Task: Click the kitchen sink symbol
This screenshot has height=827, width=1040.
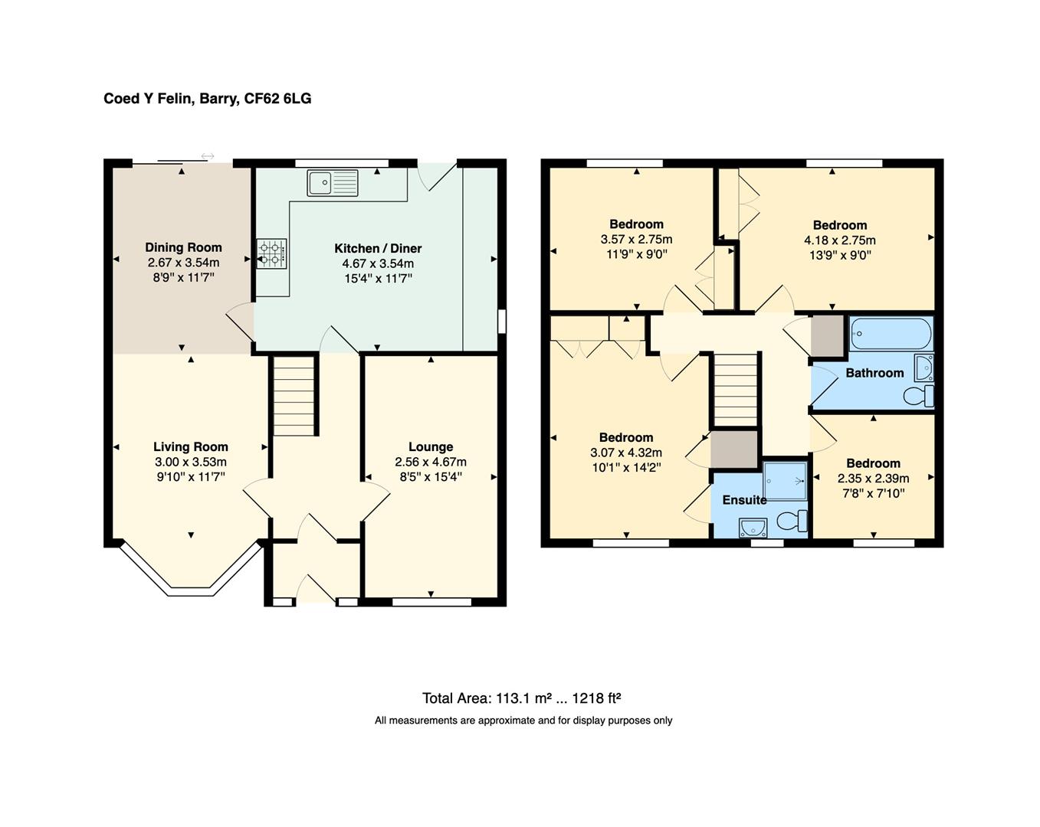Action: [x=333, y=183]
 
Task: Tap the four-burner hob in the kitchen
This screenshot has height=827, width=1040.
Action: [x=271, y=253]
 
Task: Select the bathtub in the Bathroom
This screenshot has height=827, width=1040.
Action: [x=891, y=334]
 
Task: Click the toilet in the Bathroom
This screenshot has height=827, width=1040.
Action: [x=919, y=396]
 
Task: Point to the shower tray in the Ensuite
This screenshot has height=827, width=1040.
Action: [x=784, y=482]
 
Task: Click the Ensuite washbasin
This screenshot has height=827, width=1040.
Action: [x=753, y=528]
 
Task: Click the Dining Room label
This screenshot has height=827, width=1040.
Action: [x=184, y=247]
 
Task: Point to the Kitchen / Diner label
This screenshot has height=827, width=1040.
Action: [x=378, y=248]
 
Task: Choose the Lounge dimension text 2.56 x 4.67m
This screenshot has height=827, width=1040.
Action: [x=431, y=462]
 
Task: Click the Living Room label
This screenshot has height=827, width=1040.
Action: [x=191, y=446]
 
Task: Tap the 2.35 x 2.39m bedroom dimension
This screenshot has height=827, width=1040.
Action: [x=873, y=479]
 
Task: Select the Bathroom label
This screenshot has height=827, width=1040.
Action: [x=874, y=373]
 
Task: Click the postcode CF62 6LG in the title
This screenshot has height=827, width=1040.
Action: [x=277, y=99]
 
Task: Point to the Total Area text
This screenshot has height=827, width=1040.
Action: [x=521, y=698]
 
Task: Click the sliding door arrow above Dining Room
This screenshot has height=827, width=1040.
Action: [x=208, y=156]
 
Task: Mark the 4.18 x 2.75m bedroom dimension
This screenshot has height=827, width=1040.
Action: [x=840, y=240]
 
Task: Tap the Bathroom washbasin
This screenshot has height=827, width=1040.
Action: [x=924, y=368]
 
